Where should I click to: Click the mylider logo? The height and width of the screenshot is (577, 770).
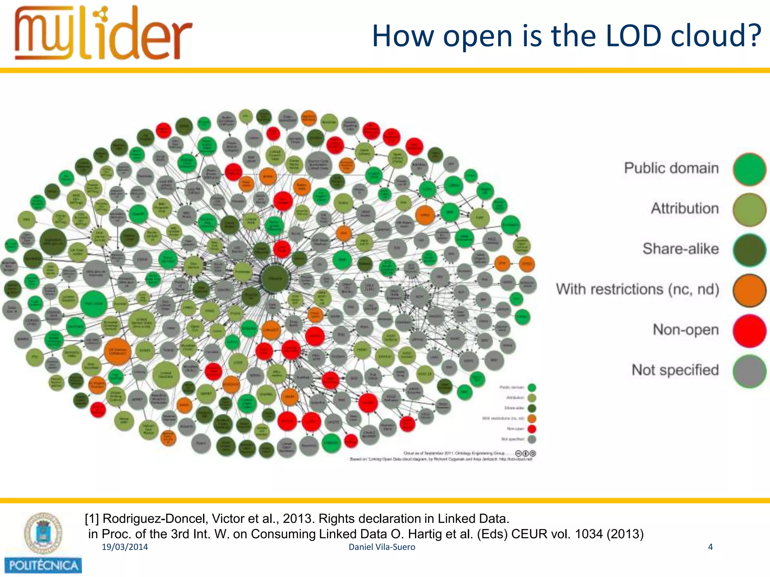(103, 34)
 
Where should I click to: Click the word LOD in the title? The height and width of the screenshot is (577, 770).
(634, 36)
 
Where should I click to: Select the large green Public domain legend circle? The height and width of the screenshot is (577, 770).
(749, 169)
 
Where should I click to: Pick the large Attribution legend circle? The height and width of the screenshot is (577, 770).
(749, 210)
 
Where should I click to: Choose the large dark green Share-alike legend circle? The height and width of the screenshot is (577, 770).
(749, 250)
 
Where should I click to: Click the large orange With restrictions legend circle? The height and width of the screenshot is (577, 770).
(749, 290)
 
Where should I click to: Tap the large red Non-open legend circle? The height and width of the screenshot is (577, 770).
(749, 331)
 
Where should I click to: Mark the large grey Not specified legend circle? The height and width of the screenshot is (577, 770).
(749, 371)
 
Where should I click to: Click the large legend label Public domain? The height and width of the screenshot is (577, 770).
(671, 168)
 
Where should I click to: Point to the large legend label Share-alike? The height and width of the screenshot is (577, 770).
(681, 249)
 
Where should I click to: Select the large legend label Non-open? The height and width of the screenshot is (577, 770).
(685, 329)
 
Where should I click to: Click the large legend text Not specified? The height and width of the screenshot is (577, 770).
(675, 370)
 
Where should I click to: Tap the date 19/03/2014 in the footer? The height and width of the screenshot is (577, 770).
(125, 547)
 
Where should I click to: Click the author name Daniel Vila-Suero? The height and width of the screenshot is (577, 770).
(382, 547)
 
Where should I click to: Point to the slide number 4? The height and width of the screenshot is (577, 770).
(710, 547)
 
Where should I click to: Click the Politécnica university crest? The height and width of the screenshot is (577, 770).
(43, 533)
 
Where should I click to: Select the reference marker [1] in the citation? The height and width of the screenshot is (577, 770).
(91, 519)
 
